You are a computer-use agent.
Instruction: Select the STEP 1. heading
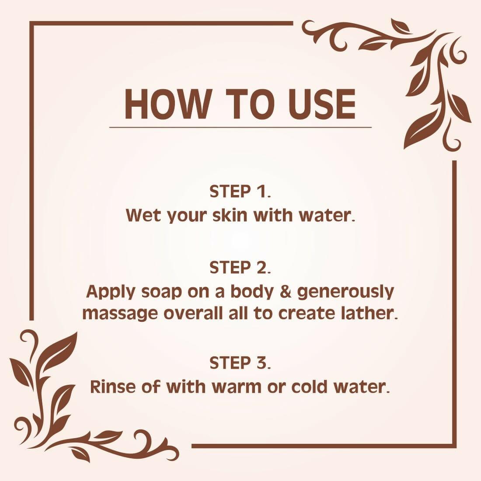pos(240,192)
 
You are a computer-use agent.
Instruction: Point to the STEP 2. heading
pos(240,268)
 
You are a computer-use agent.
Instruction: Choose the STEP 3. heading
pos(240,363)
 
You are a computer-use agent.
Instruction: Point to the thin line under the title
pos(240,127)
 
